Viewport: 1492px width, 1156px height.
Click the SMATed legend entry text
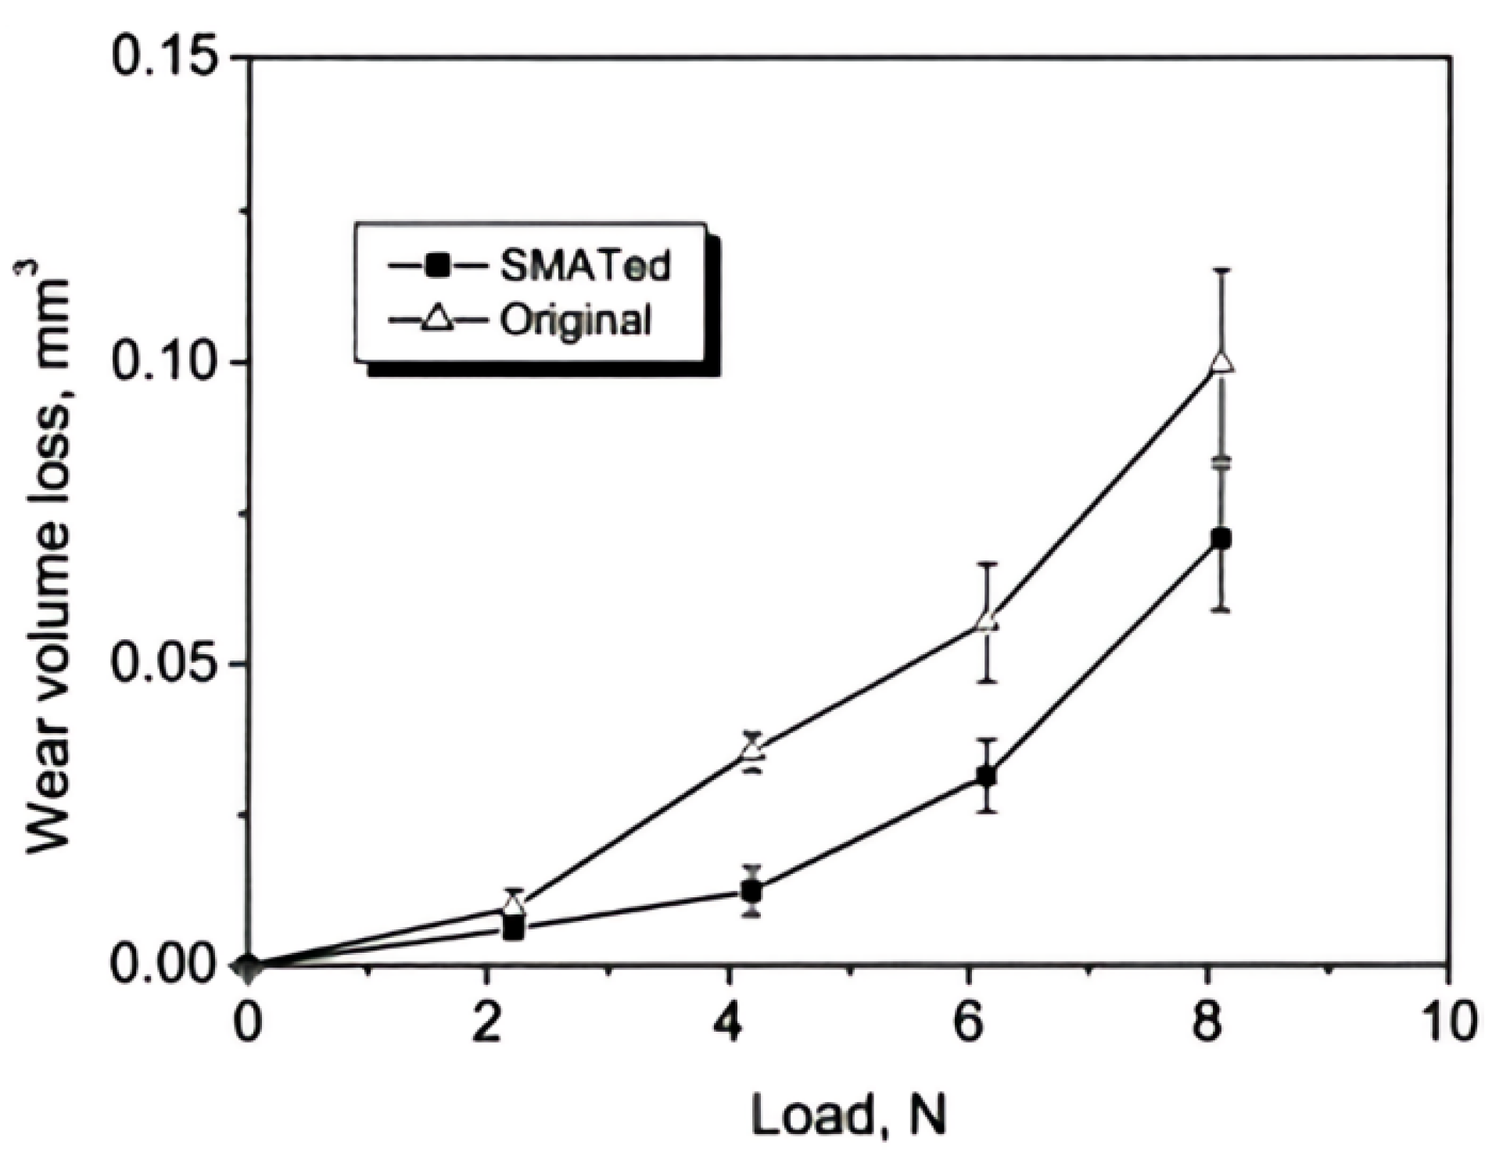click(585, 267)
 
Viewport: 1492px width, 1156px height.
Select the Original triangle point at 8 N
click(1222, 363)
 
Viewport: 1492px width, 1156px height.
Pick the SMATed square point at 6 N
click(987, 777)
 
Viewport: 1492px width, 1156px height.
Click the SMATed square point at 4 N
click(751, 891)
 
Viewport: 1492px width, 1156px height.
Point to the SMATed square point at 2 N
click(514, 929)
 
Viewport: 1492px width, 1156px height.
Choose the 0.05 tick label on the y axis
click(163, 665)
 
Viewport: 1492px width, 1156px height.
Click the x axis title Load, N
click(848, 1115)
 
